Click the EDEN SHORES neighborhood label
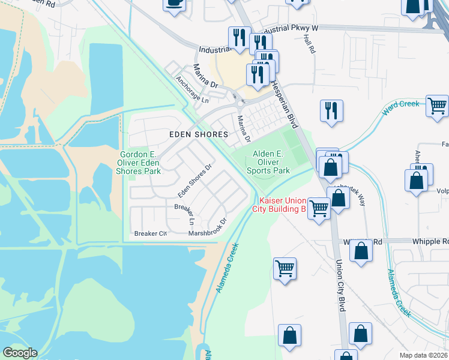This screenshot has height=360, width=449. click(x=198, y=134)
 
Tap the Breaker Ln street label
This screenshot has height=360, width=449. click(x=184, y=211)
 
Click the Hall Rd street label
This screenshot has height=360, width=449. click(x=310, y=44)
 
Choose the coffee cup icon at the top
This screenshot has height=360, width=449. click(x=174, y=3)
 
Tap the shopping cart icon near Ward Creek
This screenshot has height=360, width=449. click(x=437, y=106)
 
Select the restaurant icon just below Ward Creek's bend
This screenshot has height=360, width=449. click(x=331, y=111)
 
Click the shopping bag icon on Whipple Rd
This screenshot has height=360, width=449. click(x=361, y=252)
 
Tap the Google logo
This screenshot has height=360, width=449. click(x=20, y=353)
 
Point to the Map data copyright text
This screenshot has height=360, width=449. click(x=423, y=355)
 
